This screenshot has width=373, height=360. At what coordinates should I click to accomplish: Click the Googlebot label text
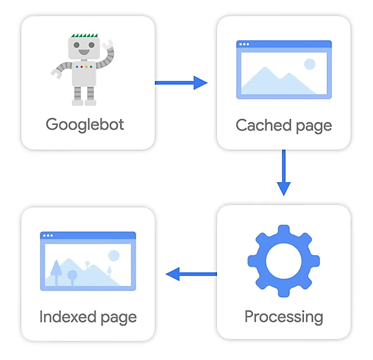(x=85, y=124)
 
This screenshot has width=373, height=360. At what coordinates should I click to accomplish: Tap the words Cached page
(x=283, y=125)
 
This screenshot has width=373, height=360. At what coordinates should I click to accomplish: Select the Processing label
(x=283, y=316)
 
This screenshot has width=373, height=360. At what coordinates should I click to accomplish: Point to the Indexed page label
(x=88, y=316)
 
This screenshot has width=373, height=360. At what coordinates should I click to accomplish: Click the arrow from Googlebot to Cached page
(x=181, y=83)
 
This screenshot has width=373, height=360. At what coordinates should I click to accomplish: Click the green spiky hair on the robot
(x=83, y=36)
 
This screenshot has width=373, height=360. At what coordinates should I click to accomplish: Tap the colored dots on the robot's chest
(x=83, y=66)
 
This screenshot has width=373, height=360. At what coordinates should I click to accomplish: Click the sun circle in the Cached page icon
(x=309, y=63)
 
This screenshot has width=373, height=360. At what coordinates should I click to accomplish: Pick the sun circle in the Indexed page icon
(x=113, y=255)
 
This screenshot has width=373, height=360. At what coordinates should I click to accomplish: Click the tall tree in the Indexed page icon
(x=56, y=270)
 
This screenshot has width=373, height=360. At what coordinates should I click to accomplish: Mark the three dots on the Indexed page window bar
(x=47, y=236)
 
